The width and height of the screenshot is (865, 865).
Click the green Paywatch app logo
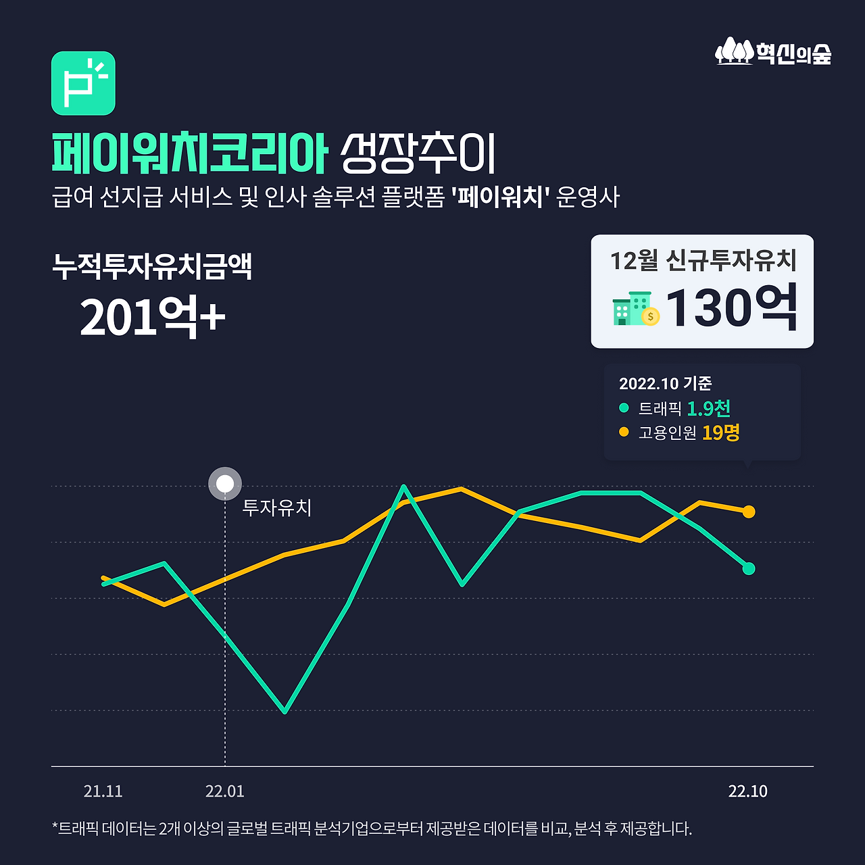click(83, 83)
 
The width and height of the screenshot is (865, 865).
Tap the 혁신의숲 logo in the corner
click(773, 52)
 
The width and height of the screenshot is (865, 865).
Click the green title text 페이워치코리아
click(190, 153)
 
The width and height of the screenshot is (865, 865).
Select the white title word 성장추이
click(418, 153)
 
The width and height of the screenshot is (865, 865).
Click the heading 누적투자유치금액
click(152, 266)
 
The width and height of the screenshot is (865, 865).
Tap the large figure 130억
click(732, 308)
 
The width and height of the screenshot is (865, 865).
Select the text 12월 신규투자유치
click(703, 260)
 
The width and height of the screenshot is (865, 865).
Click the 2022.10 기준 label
click(665, 384)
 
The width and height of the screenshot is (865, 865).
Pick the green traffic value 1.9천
click(708, 408)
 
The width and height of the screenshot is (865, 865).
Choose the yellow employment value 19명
click(720, 432)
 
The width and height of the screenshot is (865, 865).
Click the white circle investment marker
click(225, 484)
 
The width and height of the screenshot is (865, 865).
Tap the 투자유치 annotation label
click(277, 508)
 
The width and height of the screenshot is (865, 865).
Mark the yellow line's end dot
click(749, 512)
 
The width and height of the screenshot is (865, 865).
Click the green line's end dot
click(749, 568)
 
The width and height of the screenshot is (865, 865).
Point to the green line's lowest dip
click(285, 711)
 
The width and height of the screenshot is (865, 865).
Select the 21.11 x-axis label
click(103, 791)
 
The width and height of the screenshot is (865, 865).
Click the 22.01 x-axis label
click(225, 791)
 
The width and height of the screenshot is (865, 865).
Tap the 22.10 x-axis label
click(747, 791)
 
